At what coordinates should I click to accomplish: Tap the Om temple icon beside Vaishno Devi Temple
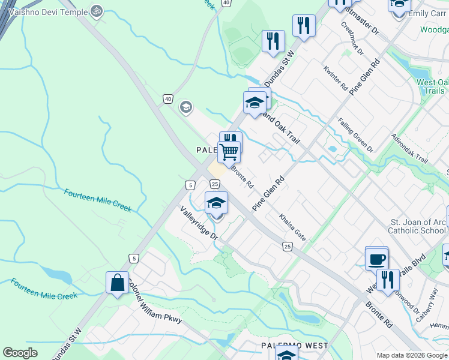[x=96, y=10]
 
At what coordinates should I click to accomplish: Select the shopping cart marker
[x=229, y=151]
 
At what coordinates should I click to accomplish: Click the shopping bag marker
[x=117, y=282]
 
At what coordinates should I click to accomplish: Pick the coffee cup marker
[x=376, y=259]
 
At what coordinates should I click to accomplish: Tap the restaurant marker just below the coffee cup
[x=388, y=280]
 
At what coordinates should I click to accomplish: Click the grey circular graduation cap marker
[x=185, y=107]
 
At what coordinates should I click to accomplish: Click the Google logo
[x=20, y=353]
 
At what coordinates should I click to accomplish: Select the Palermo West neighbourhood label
[x=294, y=346]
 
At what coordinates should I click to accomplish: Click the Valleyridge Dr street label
[x=199, y=224]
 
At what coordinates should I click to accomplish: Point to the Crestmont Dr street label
[x=352, y=38]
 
